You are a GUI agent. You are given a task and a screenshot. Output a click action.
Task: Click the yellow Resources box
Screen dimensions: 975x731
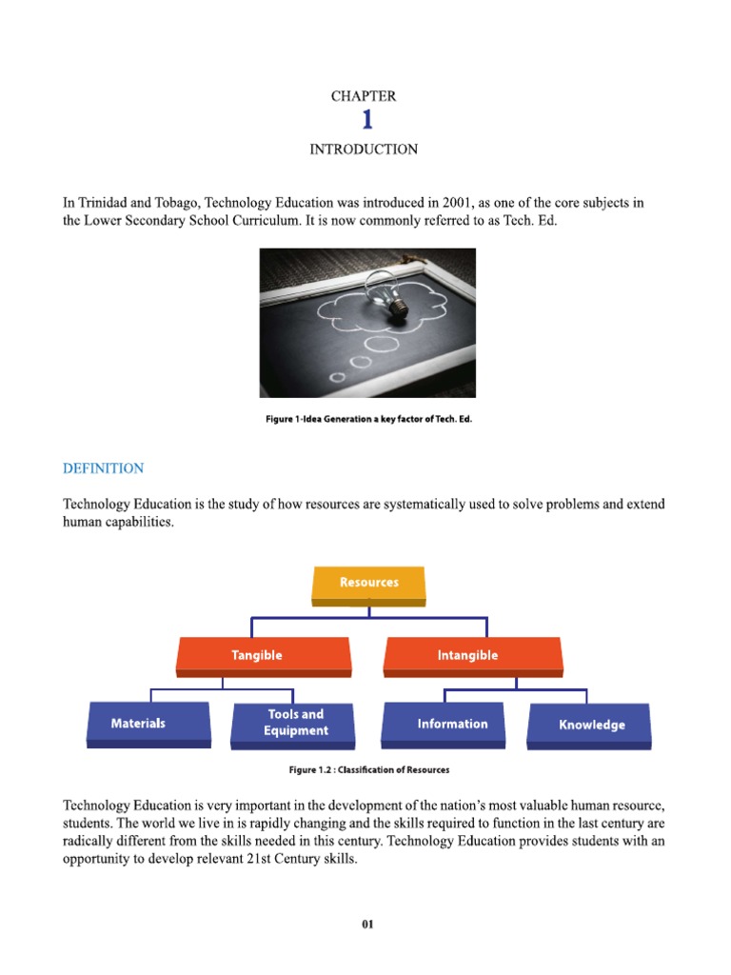click(368, 583)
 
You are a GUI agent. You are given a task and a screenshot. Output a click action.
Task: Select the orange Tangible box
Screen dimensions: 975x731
click(264, 655)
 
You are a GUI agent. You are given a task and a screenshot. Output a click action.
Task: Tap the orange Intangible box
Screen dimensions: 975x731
click(473, 655)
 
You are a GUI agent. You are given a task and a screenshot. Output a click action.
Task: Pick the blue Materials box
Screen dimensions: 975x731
click(148, 724)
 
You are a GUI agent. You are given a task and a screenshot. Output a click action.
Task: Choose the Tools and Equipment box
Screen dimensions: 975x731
click(295, 724)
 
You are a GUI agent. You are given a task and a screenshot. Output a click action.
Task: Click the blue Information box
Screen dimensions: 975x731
click(452, 724)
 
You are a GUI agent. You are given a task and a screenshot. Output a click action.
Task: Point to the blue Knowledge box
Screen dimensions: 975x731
click(590, 726)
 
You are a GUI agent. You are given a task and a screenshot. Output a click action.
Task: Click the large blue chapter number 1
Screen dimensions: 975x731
click(366, 121)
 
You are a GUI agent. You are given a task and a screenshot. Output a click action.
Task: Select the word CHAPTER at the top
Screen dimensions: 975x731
click(364, 96)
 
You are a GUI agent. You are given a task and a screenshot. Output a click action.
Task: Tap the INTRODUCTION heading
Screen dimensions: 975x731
click(364, 149)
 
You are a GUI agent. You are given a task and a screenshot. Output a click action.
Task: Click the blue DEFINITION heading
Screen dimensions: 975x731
click(103, 468)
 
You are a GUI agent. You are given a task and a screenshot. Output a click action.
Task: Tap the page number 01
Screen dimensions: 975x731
click(367, 923)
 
